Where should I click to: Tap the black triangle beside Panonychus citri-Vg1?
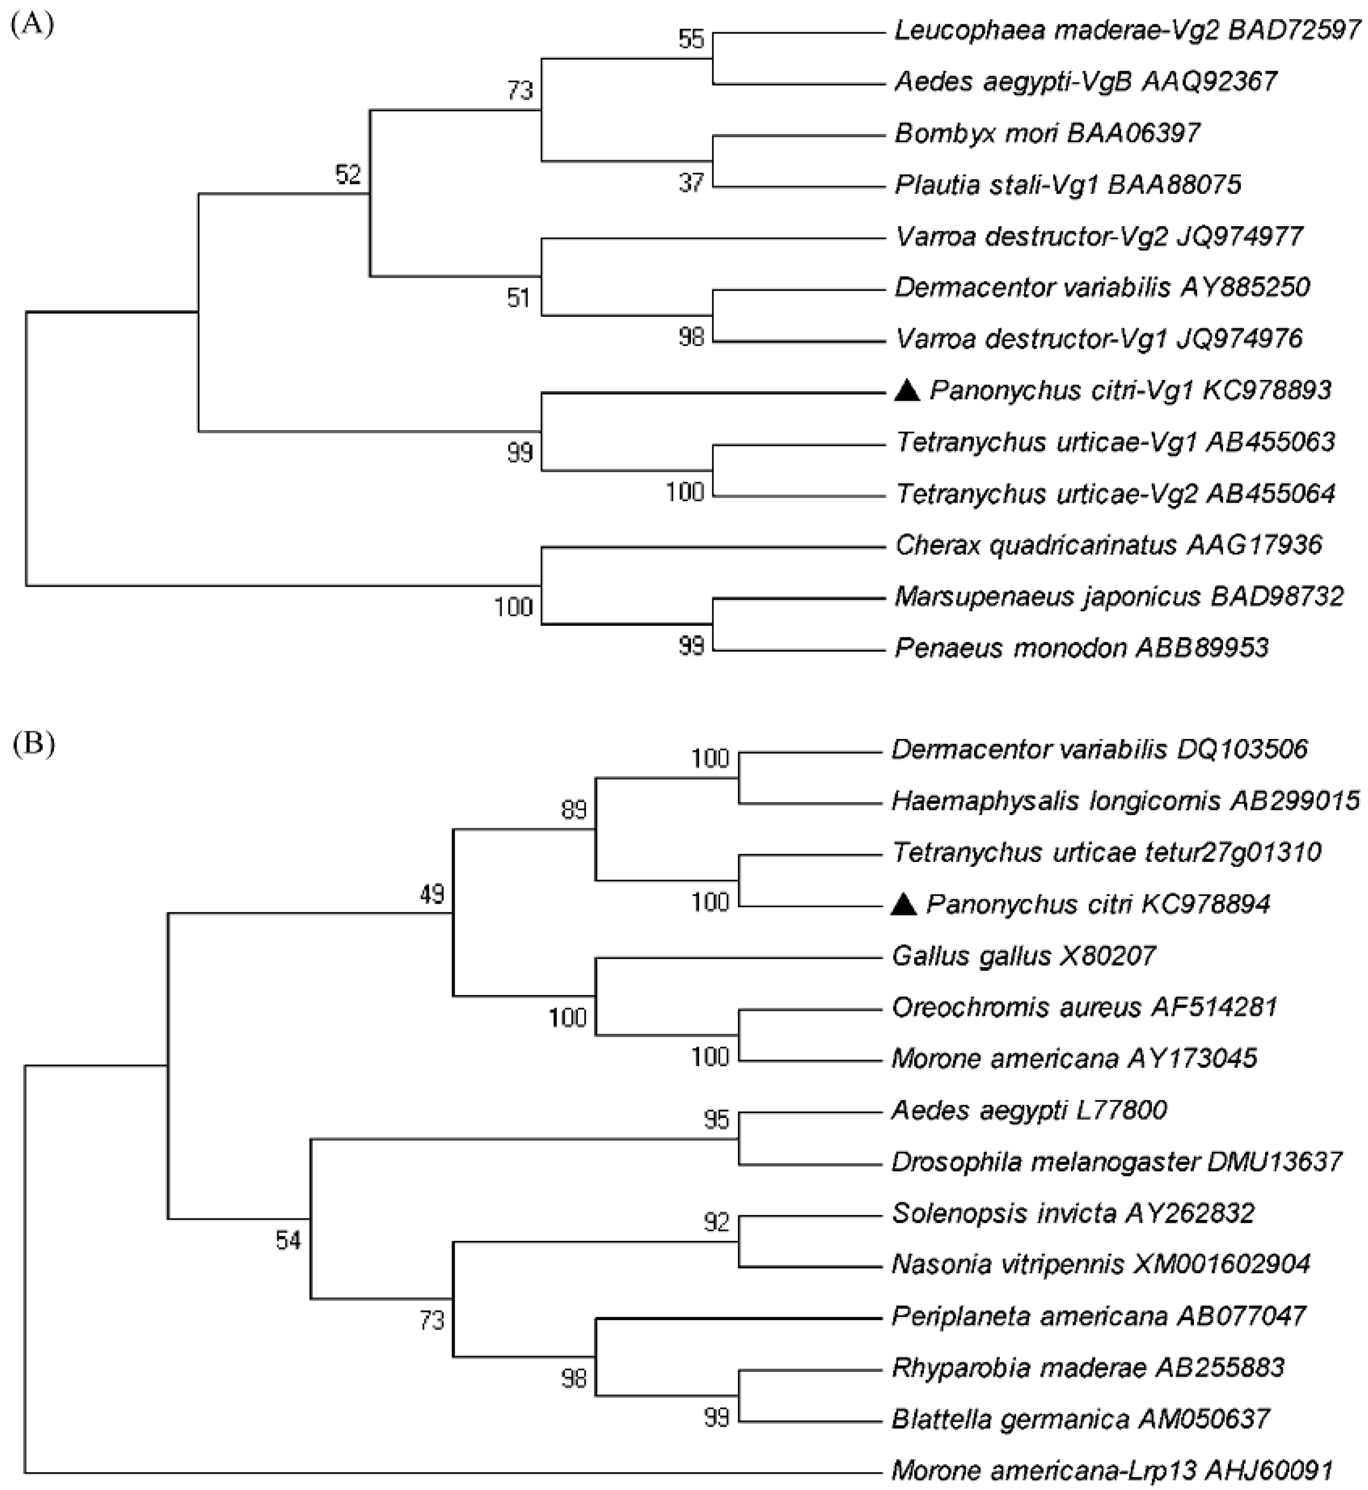[x=907, y=390]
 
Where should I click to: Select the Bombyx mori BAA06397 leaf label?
[x=1047, y=133]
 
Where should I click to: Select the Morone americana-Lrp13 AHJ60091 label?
[x=1112, y=1470]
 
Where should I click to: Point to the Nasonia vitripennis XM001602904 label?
[x=1101, y=1263]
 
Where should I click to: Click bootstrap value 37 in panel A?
[x=692, y=182]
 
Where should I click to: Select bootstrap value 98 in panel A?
[x=692, y=337]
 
